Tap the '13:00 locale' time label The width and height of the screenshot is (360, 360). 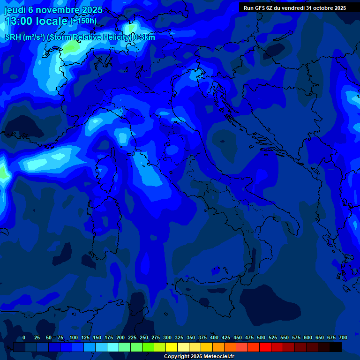(x=36, y=21)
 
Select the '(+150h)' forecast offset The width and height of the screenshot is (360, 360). (x=83, y=21)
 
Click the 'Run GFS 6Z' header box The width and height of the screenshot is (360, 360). (x=294, y=8)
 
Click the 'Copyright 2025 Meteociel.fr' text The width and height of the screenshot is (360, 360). (x=199, y=357)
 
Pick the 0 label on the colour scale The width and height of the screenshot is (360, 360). (x=24, y=337)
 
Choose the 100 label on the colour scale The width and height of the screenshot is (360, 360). (x=74, y=337)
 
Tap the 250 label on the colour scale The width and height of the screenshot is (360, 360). (x=144, y=337)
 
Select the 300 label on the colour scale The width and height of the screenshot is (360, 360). (x=167, y=337)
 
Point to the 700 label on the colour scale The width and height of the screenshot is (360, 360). (x=343, y=337)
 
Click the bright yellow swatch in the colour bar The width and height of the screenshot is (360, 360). (x=172, y=347)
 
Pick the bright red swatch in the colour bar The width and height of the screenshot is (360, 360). (x=265, y=347)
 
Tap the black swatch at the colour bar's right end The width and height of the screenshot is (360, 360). (x=336, y=347)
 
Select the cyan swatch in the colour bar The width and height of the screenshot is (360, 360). (x=113, y=347)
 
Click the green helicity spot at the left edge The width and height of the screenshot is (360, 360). (x=3, y=172)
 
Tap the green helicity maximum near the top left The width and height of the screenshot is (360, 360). (x=71, y=46)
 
